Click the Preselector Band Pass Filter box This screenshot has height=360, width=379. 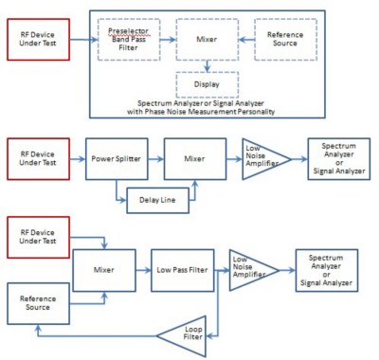point(129,40)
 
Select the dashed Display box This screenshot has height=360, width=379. point(208,84)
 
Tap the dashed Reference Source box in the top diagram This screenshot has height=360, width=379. point(285,40)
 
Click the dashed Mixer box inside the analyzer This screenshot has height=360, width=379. point(208,40)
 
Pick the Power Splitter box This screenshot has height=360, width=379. point(117,159)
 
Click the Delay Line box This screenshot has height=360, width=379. point(157,200)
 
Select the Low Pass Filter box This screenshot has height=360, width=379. point(183,270)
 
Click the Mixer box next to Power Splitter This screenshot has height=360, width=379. point(195,159)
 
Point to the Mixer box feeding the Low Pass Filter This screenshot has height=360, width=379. point(104,270)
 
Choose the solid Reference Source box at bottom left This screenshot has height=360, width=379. point(38,303)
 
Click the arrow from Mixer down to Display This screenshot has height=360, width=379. point(208,66)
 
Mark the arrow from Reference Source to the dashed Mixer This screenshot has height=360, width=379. point(246,40)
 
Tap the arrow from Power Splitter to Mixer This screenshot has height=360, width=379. point(155,159)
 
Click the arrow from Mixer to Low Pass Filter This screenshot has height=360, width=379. point(143,270)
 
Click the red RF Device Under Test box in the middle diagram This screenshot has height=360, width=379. point(38,159)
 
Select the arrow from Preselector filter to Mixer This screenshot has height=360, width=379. point(168,40)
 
